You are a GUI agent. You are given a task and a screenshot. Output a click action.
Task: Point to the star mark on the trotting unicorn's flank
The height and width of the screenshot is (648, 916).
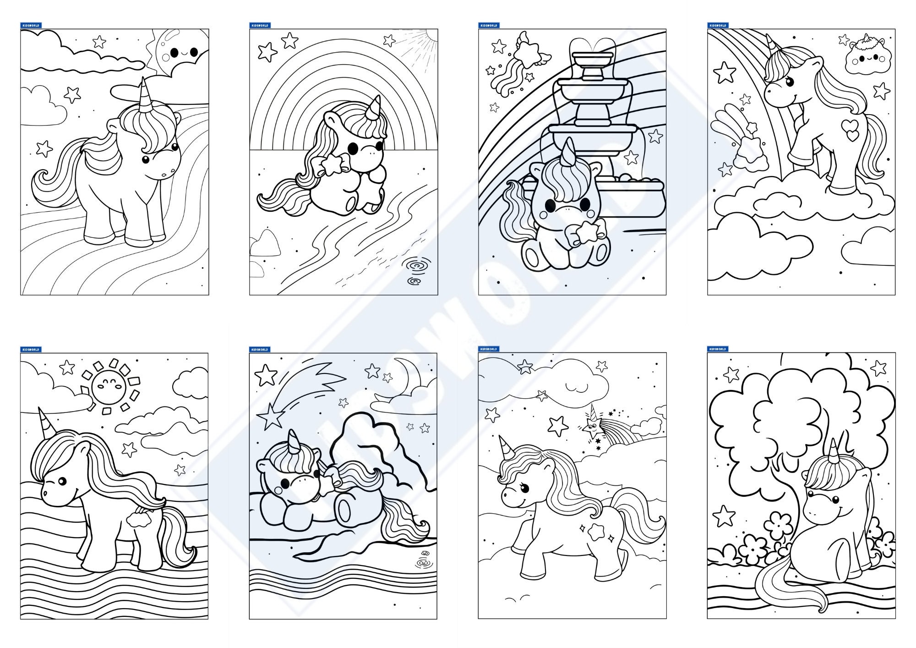click(x=596, y=531)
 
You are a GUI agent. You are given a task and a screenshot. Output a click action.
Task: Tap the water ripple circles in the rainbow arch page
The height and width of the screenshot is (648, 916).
click(x=414, y=270)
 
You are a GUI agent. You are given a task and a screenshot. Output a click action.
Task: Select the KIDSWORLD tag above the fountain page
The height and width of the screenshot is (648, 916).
click(x=488, y=25)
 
